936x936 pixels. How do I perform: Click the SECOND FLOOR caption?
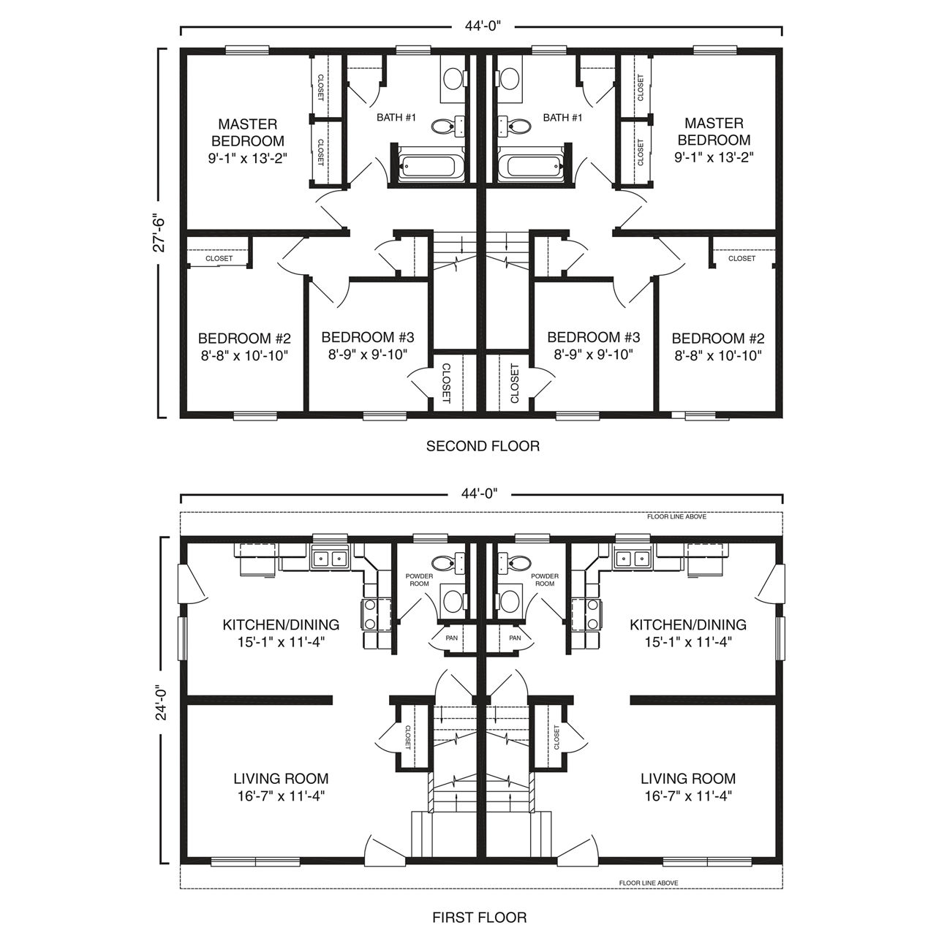click(483, 446)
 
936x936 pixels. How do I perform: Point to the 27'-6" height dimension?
click(159, 233)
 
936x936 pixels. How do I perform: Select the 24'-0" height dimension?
click(162, 702)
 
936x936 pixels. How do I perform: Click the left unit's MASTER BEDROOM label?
click(248, 132)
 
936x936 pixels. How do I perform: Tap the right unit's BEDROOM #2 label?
click(718, 338)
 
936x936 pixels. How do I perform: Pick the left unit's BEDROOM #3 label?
click(368, 337)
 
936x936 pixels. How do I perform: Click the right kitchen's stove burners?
click(592, 614)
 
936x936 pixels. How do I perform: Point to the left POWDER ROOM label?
click(419, 579)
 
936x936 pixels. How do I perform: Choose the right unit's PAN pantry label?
click(515, 638)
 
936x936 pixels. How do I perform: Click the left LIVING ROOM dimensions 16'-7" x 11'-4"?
click(281, 796)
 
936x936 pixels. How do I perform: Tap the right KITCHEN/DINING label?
click(688, 624)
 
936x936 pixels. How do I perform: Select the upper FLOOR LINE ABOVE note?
click(676, 517)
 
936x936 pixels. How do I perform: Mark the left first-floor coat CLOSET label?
click(408, 737)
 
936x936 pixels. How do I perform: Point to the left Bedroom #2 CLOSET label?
click(219, 258)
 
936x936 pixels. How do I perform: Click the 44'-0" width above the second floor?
click(483, 26)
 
